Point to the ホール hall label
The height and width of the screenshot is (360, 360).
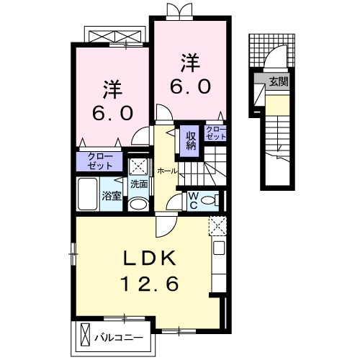point(166,171)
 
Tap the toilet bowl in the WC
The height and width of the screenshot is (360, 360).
point(208,199)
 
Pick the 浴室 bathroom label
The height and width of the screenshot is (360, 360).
point(112,196)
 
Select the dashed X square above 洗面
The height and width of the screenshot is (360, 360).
point(138,165)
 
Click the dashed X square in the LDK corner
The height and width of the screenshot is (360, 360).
point(217,225)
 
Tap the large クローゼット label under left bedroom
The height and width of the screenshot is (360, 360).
point(99,160)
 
